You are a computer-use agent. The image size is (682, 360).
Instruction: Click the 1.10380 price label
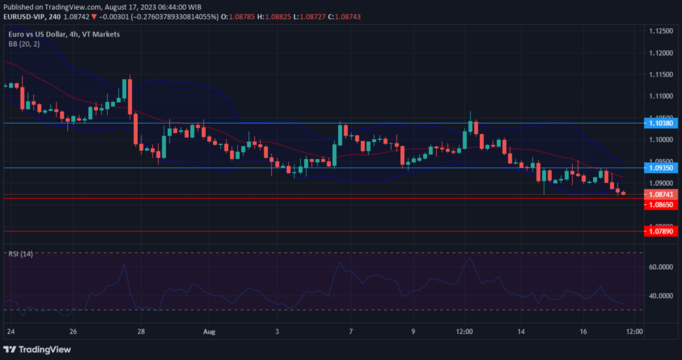[x=660, y=123]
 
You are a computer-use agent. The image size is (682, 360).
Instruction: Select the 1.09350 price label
[x=660, y=168]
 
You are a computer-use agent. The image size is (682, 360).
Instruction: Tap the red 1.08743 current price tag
[x=660, y=194]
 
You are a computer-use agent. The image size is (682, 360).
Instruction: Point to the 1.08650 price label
[x=660, y=205]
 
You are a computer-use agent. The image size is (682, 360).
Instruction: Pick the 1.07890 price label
[x=660, y=231]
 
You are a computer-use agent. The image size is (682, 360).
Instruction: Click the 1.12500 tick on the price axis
[x=661, y=31]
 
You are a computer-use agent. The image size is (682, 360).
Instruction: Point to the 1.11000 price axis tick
[x=661, y=96]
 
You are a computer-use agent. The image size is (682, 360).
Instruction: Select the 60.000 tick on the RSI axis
[x=660, y=267]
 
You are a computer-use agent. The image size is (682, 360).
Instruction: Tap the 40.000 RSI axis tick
[x=660, y=296]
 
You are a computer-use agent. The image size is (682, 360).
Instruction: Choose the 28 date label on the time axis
[x=141, y=331]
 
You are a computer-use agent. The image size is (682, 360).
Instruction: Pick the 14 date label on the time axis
[x=521, y=331]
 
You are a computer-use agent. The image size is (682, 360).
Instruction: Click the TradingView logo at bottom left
[x=38, y=350]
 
